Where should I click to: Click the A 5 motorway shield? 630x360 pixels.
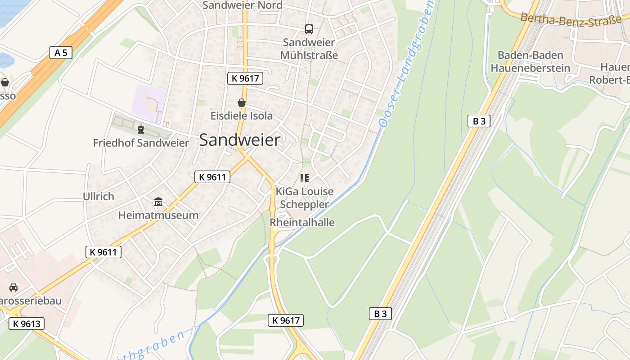click(61, 53)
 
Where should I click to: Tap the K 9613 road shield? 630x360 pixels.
click(27, 323)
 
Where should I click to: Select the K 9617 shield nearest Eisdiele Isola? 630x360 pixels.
click(245, 78)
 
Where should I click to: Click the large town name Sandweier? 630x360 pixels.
click(239, 140)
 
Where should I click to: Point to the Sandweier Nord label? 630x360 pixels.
click(243, 5)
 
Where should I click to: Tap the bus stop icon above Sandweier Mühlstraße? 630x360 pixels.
click(309, 29)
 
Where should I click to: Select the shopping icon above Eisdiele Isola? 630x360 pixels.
click(242, 103)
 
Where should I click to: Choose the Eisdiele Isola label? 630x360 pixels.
click(242, 116)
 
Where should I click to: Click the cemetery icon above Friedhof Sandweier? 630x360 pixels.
click(141, 130)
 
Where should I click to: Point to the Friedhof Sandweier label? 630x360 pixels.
click(141, 143)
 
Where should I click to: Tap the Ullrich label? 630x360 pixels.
click(99, 197)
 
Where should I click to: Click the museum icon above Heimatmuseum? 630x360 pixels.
click(158, 202)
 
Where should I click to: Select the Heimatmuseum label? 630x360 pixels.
click(158, 215)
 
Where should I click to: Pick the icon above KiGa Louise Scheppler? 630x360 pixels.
click(305, 178)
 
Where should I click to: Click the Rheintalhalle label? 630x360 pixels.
click(302, 222)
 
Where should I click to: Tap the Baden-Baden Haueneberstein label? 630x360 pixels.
click(530, 62)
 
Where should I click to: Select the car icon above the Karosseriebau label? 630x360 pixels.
click(13, 287)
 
